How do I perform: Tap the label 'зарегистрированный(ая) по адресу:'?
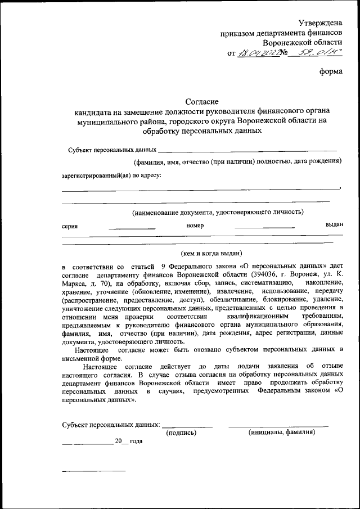pos(111,175)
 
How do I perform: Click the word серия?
pos(70,226)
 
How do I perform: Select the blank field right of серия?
pos(132,228)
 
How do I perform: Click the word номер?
pos(195,225)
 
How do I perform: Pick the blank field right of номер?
pos(264,227)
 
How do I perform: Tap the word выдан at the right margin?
pos(334,224)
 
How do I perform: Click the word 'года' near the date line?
pos(136,442)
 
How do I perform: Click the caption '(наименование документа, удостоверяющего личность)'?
pos(218,212)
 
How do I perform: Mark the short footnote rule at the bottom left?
pos(93,470)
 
